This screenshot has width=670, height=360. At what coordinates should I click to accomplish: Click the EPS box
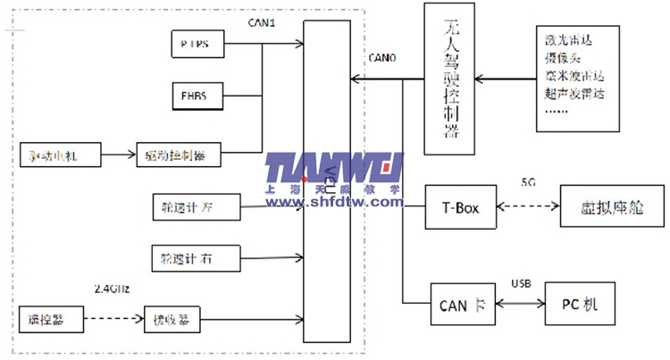[196, 42]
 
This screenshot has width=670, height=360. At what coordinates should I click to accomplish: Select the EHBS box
[196, 94]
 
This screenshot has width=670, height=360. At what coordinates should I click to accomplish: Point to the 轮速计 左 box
[196, 208]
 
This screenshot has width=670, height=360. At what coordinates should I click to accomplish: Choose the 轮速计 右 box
[196, 258]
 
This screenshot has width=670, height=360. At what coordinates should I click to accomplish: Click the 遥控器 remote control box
[43, 317]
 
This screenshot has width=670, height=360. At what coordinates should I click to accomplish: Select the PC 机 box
[580, 305]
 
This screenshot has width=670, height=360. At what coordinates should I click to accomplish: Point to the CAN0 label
[384, 57]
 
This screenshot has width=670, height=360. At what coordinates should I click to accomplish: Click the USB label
[522, 284]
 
